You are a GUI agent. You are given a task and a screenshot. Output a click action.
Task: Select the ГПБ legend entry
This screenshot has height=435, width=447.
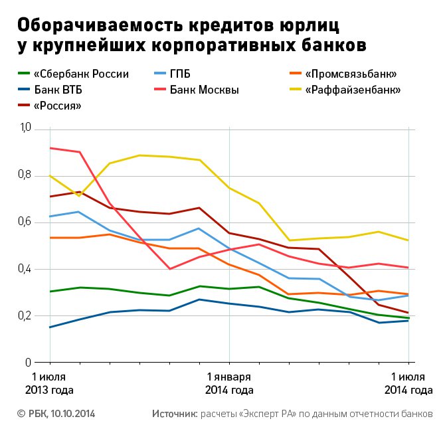click(x=181, y=74)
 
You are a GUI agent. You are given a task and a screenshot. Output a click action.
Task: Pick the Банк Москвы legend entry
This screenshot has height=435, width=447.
click(x=204, y=90)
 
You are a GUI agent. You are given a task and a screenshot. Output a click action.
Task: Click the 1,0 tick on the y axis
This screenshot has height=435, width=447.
click(x=25, y=128)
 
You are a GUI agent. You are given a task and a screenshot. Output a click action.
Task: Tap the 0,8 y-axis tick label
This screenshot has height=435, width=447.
click(x=25, y=175)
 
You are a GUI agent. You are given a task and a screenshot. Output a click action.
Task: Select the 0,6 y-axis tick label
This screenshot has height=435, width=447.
click(x=25, y=222)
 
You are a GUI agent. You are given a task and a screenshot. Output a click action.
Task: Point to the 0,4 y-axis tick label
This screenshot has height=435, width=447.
click(x=25, y=270)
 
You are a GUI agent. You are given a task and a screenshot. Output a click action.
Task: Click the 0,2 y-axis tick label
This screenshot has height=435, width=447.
click(x=25, y=316)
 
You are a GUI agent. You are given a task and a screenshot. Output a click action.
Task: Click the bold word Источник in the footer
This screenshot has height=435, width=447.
click(x=175, y=414)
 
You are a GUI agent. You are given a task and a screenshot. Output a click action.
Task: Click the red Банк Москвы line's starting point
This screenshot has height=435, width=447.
click(x=50, y=148)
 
